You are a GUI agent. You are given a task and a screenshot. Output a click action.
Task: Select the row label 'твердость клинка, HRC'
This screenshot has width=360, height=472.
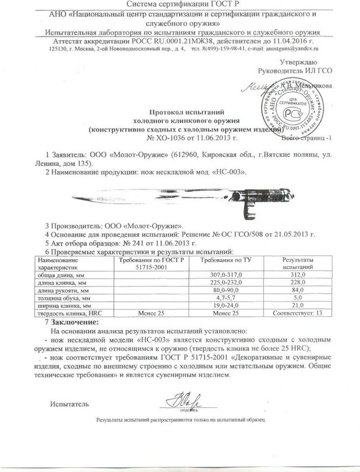pos(71,312)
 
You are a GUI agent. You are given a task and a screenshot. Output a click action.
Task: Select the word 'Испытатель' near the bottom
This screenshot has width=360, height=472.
pos(70,397)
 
